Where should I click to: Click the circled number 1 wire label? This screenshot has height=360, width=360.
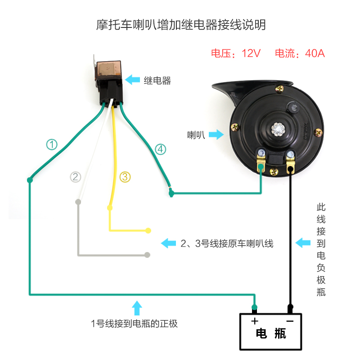click(x=53, y=144)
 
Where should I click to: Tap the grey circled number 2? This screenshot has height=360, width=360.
click(x=76, y=177)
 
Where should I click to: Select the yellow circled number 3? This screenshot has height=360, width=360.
click(x=125, y=177)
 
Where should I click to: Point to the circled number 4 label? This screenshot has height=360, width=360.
click(x=161, y=149)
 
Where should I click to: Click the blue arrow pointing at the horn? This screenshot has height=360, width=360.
click(x=216, y=134)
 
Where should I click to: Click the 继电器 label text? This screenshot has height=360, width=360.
click(x=157, y=81)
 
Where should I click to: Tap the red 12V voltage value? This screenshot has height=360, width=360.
click(x=251, y=53)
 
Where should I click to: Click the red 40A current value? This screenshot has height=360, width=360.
click(x=315, y=53)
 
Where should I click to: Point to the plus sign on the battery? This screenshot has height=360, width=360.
click(x=255, y=321)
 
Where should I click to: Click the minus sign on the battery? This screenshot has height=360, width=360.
click(x=290, y=321)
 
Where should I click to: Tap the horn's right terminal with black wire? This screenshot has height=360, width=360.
click(x=290, y=161)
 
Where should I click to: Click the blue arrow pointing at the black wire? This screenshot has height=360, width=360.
click(x=303, y=243)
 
